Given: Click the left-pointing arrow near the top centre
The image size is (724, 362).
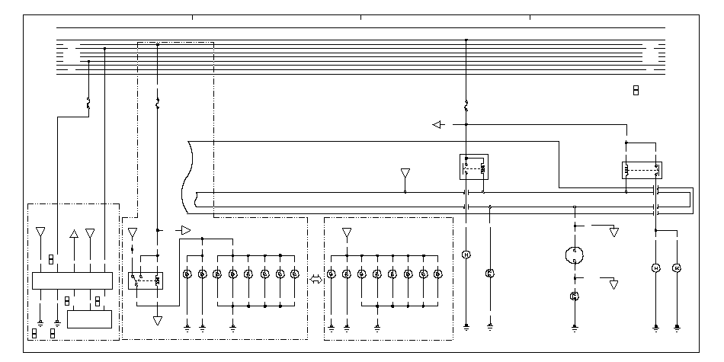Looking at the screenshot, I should [x=437, y=124].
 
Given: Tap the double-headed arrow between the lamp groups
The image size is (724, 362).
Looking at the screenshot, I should [x=316, y=280].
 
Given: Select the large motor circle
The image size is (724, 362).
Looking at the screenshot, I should [x=574, y=255].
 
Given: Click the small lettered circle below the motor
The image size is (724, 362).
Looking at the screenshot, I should [x=574, y=296].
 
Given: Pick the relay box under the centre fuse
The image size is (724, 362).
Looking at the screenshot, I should [x=473, y=167].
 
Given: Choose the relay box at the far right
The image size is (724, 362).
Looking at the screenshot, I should [x=642, y=170].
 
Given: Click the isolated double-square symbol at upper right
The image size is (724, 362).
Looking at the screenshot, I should [x=635, y=91].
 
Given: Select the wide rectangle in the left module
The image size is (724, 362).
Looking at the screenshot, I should [x=72, y=280].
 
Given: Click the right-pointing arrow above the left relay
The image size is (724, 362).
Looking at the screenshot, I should [x=184, y=229].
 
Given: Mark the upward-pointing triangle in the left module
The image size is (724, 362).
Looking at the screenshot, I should [x=73, y=233].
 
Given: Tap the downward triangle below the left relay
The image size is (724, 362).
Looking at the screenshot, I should [x=158, y=321].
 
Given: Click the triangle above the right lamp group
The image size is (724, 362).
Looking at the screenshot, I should [x=347, y=232].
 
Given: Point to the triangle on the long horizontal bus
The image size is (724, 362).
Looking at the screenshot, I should [x=405, y=175].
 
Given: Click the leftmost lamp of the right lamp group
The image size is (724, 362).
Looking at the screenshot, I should [x=332, y=274].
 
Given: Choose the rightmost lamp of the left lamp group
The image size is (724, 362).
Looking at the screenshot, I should [x=294, y=274].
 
